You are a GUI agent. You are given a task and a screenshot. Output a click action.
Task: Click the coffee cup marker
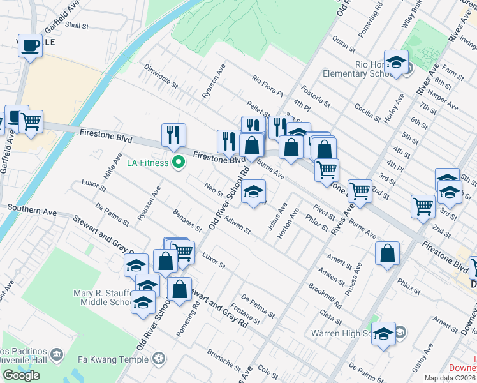29,46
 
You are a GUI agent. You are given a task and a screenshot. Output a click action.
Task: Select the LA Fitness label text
148,163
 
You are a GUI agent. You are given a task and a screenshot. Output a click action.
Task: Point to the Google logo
21,375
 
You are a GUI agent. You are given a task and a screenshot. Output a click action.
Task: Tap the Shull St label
77,25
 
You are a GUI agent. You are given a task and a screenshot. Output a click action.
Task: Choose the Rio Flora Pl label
267,86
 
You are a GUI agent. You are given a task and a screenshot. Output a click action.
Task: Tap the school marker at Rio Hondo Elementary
396,62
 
